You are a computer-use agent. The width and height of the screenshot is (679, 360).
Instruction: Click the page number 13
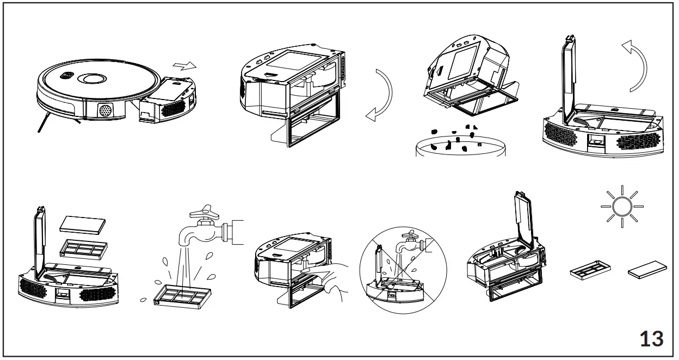click(651, 338)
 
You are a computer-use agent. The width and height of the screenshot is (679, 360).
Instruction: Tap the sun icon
click(622, 207)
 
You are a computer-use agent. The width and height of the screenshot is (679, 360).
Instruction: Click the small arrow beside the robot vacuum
click(184, 66)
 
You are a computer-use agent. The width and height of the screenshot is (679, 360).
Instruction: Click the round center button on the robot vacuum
click(94, 78)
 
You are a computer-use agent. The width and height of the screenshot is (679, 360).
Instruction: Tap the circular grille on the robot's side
click(104, 111)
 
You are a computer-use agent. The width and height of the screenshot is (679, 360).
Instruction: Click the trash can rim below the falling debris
click(460, 147)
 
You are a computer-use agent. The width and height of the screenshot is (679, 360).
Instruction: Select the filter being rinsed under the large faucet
click(182, 294)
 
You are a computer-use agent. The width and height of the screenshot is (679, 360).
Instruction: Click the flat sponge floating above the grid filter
click(81, 222)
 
